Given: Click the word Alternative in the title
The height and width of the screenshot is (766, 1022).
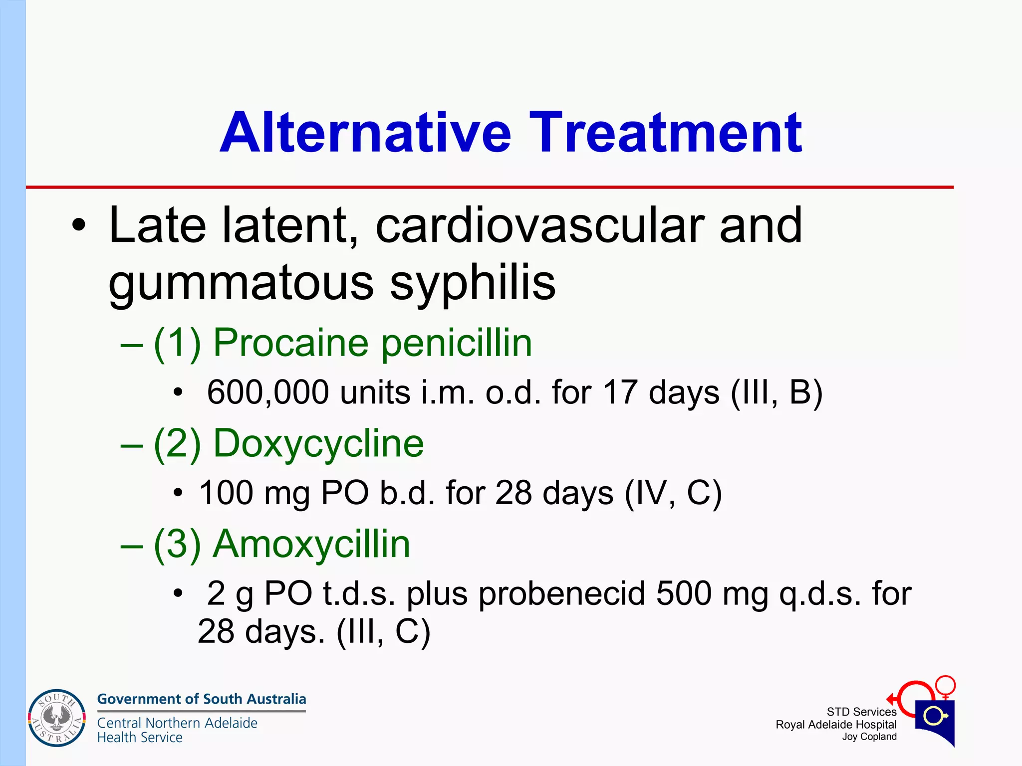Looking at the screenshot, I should tap(365, 133).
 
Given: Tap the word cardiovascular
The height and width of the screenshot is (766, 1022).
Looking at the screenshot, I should tap(539, 226).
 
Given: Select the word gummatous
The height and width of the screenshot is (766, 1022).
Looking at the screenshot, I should tap(241, 283).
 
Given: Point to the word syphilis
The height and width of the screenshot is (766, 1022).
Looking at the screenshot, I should tap(472, 283).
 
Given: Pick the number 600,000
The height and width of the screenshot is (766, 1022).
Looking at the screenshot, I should tap(268, 392).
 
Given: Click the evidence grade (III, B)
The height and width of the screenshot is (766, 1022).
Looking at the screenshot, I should tap(776, 392).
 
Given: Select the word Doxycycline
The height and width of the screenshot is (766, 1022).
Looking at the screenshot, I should tap(318, 443).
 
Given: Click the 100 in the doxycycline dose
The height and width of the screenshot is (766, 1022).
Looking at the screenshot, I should tap(226, 493).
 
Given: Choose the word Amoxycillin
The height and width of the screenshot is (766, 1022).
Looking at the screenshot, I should tap(311, 544).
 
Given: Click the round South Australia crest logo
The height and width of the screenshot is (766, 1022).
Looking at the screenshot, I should tap(57, 718).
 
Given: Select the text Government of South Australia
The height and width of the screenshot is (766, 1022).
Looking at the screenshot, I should tap(202, 699).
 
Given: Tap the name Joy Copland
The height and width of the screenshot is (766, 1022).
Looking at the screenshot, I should tap(869, 737).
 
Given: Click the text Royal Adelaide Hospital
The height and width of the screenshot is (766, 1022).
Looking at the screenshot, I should tap(836, 725).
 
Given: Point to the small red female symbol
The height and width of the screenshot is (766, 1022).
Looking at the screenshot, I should tap(945, 687).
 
